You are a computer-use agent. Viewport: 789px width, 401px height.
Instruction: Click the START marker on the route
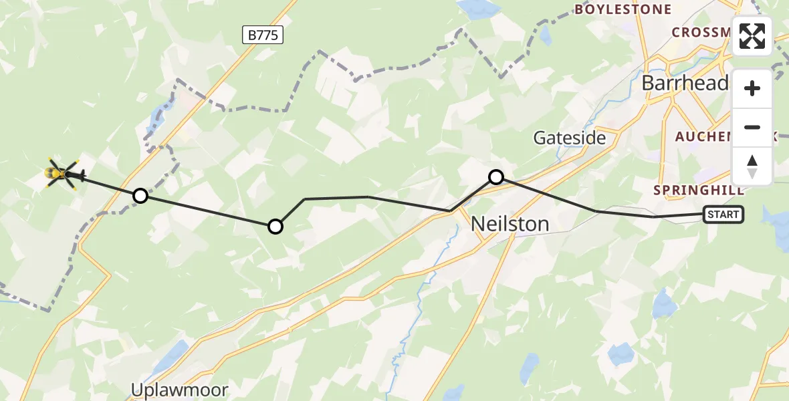pos(723,215)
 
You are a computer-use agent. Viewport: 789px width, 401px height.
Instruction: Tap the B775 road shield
pos(263,35)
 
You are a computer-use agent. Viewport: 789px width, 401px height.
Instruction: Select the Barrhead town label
pos(685,83)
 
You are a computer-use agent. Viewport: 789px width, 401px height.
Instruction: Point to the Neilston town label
pos(510,223)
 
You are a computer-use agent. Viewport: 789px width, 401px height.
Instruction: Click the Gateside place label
pos(569,138)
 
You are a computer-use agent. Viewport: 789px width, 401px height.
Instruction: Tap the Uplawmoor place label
pos(179,390)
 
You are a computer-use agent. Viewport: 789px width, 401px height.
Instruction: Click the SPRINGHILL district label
pos(698,190)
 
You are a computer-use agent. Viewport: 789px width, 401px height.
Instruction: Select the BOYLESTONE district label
pos(623,9)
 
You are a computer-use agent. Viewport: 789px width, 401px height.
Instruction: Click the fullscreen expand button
pos(752,35)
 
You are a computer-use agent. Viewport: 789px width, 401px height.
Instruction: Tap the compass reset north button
pos(752,166)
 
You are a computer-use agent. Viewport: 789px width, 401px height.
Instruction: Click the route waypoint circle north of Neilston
pos(496,177)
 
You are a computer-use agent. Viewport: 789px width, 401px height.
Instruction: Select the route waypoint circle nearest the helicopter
pos(140,196)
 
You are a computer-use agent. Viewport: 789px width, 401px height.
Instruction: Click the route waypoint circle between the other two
pos(275,227)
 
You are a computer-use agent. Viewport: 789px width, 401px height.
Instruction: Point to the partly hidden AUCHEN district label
pos(702,136)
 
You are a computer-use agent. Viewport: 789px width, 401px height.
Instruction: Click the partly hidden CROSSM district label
pos(701,32)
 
